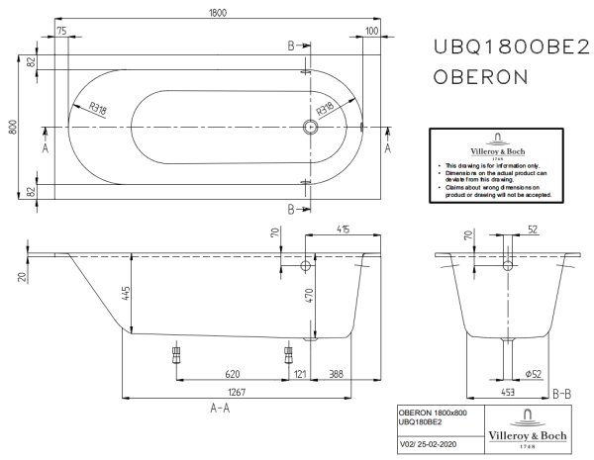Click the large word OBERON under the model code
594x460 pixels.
pos(481,76)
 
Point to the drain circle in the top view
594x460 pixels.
pos(310,127)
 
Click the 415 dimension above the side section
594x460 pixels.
pos(342,230)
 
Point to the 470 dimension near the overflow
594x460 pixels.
pos(309,294)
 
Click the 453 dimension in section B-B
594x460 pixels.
pos(508,393)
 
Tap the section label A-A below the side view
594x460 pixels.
pos(220,408)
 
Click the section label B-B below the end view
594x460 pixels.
pos(560,393)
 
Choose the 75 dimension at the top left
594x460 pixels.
pos(62,32)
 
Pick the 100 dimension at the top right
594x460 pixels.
pos(371,32)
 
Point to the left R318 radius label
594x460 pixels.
pos(98,110)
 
